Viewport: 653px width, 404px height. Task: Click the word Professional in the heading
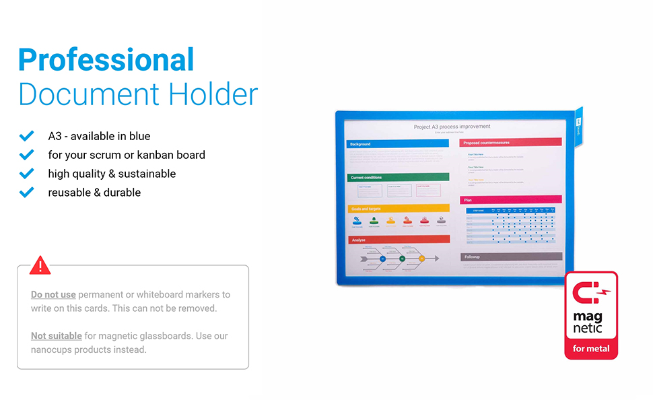coord(106,61)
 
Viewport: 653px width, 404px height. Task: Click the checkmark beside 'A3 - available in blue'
coord(27,136)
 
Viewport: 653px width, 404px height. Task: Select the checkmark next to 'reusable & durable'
coord(27,193)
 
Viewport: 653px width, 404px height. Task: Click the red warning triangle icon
coord(40,265)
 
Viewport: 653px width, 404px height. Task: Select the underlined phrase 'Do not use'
coord(53,295)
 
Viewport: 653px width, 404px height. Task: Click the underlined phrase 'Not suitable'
coord(57,336)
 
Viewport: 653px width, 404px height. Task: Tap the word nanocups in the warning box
coord(53,349)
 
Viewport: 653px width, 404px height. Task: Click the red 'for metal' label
coord(590,349)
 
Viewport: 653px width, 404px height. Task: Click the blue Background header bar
coord(397,144)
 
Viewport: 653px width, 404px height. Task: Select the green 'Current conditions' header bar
coord(397,177)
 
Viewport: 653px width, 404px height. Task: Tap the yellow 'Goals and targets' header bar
coord(397,209)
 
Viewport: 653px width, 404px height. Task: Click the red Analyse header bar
coord(397,239)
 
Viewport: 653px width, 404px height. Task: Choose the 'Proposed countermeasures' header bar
coord(510,142)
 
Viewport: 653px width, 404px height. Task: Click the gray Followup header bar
coord(510,257)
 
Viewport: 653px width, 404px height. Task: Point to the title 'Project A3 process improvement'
coord(452,127)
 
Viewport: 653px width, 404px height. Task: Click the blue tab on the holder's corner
coord(578,125)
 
